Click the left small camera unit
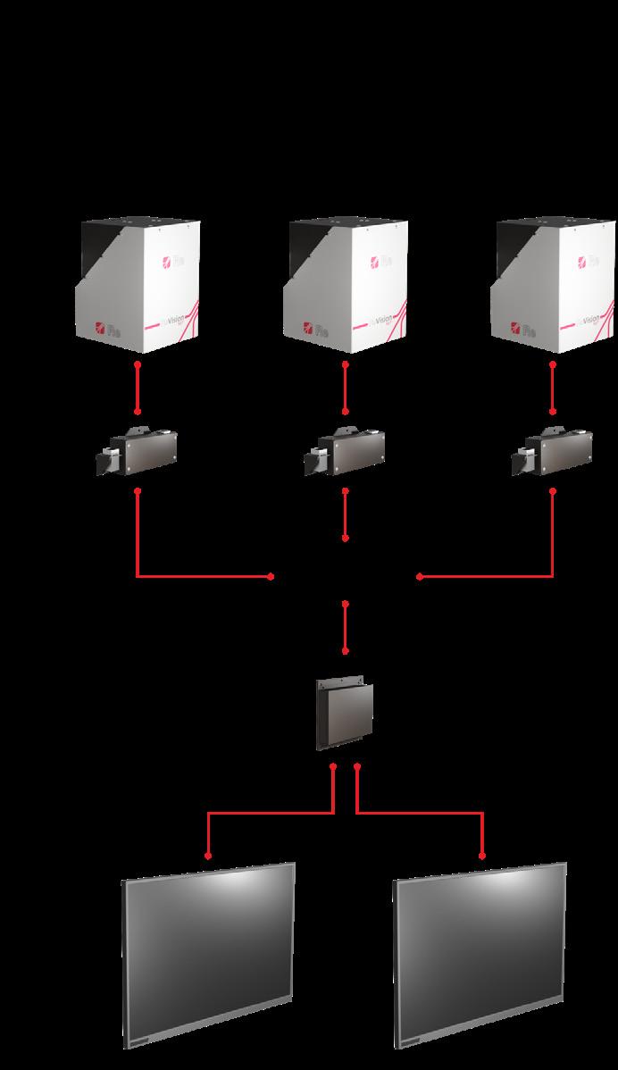coord(138,451)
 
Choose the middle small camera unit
coord(347,451)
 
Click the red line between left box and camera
coord(138,388)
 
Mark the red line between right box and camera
coord(553,388)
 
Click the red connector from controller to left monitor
coord(268,813)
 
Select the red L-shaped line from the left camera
coord(179,576)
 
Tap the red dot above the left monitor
coord(208,856)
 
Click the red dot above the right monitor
coord(483,856)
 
